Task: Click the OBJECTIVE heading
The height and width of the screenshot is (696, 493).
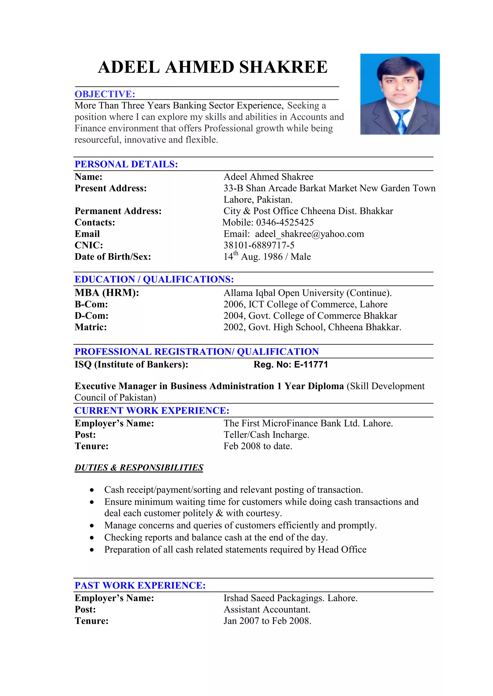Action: tap(105, 94)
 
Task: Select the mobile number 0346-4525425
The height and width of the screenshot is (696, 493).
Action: tap(285, 222)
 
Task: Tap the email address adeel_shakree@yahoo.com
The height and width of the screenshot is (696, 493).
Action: tap(309, 234)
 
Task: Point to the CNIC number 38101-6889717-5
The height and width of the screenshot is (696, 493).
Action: tap(259, 245)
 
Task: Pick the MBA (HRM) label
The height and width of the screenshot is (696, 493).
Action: tap(107, 293)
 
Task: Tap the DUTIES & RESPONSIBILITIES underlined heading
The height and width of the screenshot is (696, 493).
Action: tap(139, 468)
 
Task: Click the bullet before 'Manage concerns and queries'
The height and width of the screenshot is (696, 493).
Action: tap(92, 526)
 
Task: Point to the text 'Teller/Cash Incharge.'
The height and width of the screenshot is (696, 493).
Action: tap(266, 435)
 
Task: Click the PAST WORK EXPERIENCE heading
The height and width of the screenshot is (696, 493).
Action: tap(140, 585)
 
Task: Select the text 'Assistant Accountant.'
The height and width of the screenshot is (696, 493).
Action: tap(267, 610)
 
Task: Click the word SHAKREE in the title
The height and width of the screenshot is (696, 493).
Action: tap(283, 67)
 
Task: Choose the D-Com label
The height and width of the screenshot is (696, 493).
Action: tap(91, 316)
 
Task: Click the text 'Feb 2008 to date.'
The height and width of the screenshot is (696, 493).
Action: tap(258, 446)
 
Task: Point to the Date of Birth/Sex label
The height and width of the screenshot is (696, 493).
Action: tap(113, 257)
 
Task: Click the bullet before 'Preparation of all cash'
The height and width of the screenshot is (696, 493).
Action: tap(92, 550)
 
